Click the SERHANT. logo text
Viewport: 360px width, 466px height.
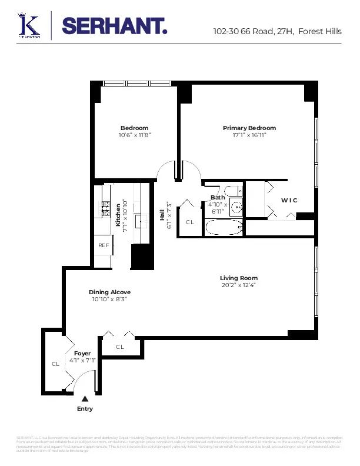click(x=114, y=26)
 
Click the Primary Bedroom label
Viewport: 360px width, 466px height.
click(x=249, y=128)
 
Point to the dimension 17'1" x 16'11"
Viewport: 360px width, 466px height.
click(x=249, y=135)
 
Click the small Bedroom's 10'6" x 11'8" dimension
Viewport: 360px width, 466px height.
click(x=135, y=135)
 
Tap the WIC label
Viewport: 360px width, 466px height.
click(x=289, y=200)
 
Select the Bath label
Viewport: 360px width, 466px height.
click(x=218, y=198)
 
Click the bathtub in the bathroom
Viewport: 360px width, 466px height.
click(x=224, y=228)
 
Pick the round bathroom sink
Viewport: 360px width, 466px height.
click(x=236, y=207)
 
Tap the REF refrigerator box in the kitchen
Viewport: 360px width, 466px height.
click(x=104, y=245)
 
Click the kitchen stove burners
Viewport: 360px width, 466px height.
click(x=106, y=207)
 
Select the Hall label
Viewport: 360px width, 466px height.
click(x=162, y=215)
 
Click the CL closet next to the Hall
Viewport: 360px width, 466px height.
click(x=190, y=222)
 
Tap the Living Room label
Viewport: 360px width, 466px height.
click(x=238, y=278)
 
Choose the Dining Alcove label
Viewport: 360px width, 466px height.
click(x=109, y=292)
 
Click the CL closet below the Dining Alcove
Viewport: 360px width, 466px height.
click(x=120, y=347)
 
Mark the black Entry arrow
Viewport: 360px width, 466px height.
click(x=85, y=399)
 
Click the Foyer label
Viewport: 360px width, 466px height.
click(x=82, y=353)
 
